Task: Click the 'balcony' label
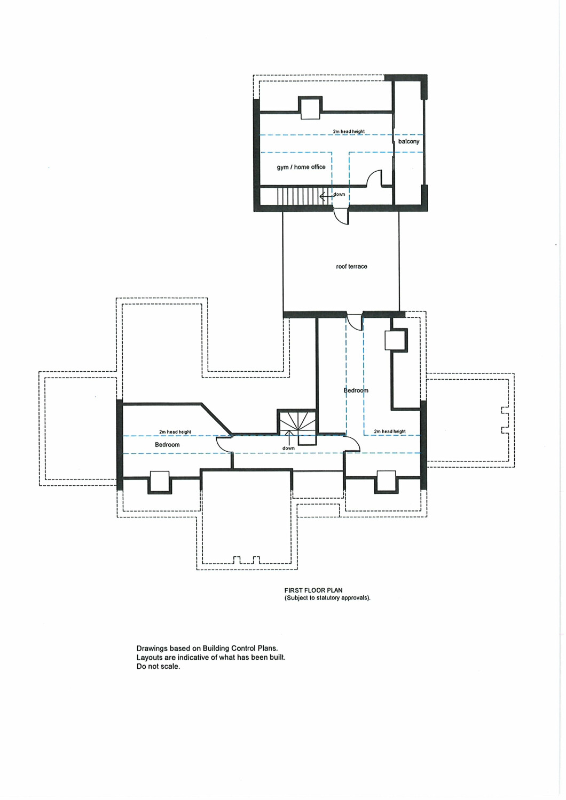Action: click(408, 141)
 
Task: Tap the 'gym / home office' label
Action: click(301, 167)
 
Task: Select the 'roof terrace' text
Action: click(351, 267)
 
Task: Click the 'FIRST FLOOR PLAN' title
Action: click(313, 590)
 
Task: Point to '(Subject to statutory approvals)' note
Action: click(327, 598)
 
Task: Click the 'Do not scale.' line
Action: click(158, 667)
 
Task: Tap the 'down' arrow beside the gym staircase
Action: click(326, 196)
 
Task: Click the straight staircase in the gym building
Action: click(300, 196)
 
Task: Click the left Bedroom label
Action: click(167, 445)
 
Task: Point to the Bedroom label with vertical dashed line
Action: click(356, 390)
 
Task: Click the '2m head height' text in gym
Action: click(349, 131)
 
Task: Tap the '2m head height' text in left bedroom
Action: click(175, 432)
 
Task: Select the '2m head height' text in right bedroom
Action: click(390, 431)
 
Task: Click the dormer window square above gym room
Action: click(310, 108)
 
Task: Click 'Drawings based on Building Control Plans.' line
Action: click(207, 648)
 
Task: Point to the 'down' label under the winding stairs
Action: click(288, 448)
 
